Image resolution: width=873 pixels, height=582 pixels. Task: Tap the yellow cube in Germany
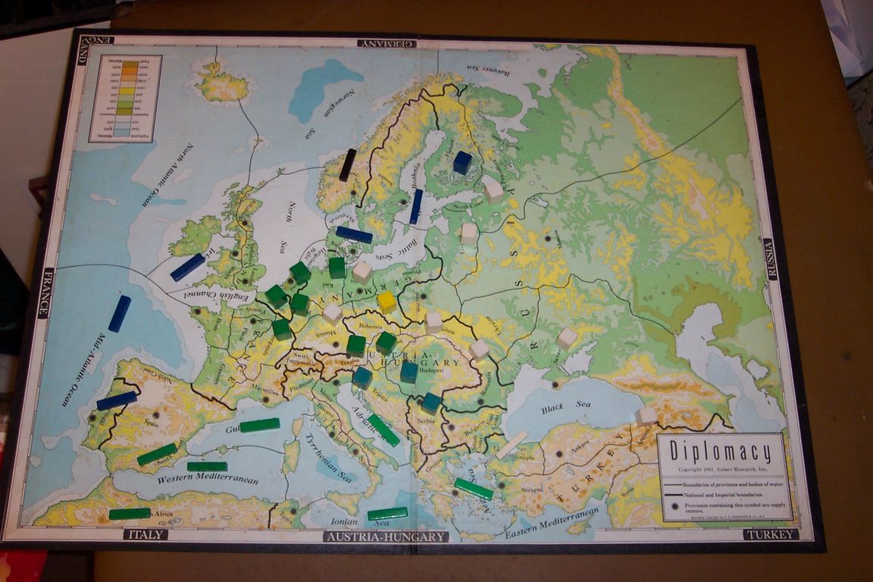click(x=386, y=302)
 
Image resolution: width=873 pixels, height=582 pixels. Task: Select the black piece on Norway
click(x=347, y=164)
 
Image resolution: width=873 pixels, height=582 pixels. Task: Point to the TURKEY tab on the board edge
click(x=771, y=534)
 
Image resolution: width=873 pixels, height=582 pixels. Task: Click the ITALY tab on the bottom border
click(x=145, y=534)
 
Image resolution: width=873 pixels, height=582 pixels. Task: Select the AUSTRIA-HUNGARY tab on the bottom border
click(x=386, y=537)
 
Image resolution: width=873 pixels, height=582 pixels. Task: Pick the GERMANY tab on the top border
click(x=386, y=43)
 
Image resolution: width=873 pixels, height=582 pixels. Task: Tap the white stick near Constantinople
click(x=512, y=445)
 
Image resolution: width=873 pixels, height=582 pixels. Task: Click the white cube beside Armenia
click(x=646, y=415)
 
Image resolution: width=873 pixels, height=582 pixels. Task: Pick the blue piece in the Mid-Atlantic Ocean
click(x=119, y=314)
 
